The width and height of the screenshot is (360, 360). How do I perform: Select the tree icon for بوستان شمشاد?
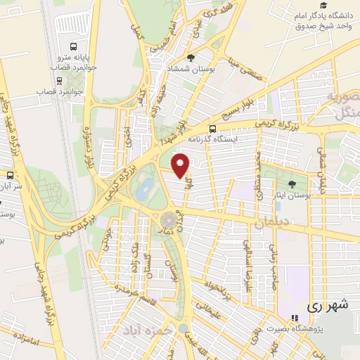[191, 58]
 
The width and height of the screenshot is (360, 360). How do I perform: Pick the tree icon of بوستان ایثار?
[292, 183]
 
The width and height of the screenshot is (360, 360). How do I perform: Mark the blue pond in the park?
[146, 188]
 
